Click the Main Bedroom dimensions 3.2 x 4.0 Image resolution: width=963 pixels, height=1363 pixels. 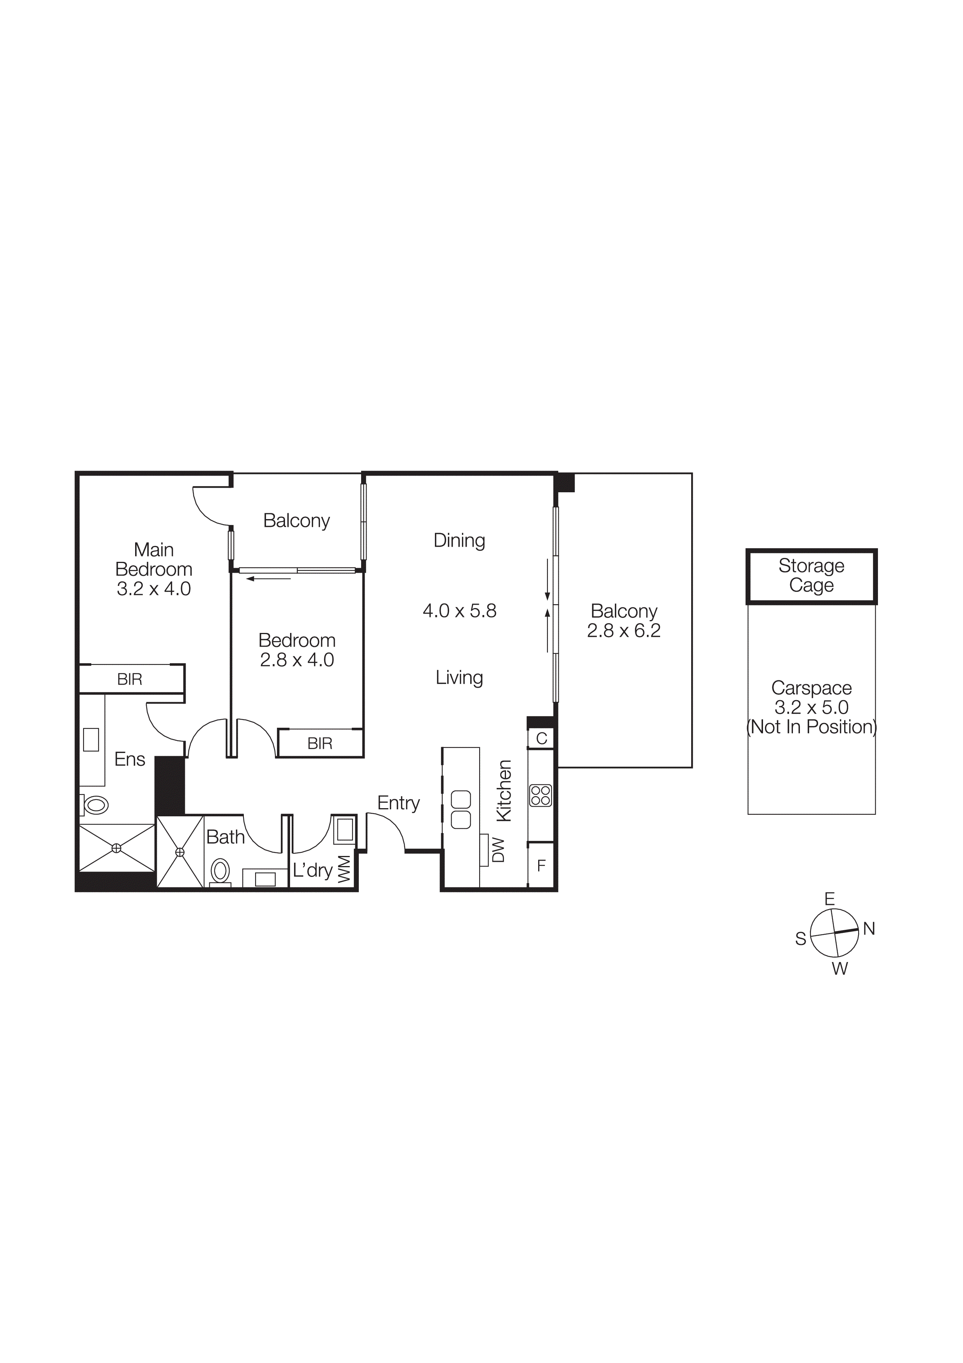pos(154,589)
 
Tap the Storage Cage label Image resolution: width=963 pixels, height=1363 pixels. pos(811,575)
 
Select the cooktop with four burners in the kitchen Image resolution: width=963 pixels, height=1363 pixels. pos(541,795)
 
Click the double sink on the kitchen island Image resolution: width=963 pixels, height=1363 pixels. pos(461,810)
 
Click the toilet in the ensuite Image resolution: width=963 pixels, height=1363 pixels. pos(95,805)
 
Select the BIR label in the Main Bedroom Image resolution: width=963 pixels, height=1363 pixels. pos(129,679)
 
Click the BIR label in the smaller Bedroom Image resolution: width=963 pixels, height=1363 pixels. pos(320,743)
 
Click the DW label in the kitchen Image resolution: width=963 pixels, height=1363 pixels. pos(499,849)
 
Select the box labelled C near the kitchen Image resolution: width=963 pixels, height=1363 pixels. pos(541,739)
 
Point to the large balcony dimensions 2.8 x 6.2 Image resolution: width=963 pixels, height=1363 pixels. pos(624,631)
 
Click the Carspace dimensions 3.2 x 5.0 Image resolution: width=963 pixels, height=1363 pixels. pos(811,707)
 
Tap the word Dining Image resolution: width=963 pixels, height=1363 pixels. pos(459,540)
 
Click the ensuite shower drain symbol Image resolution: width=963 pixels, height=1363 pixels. pos(116,848)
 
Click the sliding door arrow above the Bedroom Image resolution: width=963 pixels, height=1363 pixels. pos(268,578)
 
